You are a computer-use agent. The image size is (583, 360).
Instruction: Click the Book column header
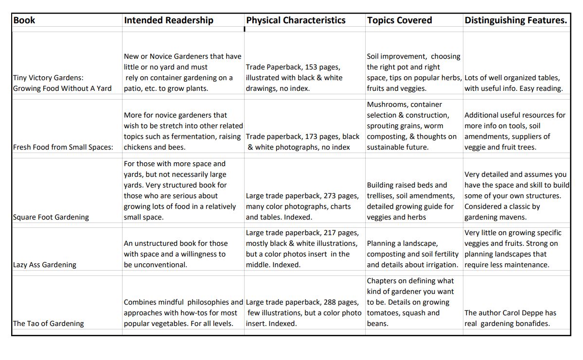(24, 20)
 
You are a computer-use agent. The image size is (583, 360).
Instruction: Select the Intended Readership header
(168, 20)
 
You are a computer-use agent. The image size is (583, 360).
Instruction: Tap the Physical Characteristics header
(296, 20)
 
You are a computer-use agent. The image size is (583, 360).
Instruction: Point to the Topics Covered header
(399, 20)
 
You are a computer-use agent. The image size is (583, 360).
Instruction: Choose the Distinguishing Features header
(515, 20)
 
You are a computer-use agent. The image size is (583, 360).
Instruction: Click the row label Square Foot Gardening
(51, 217)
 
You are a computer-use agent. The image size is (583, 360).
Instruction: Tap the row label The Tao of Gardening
(48, 324)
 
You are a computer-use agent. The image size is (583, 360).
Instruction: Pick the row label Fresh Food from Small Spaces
(63, 147)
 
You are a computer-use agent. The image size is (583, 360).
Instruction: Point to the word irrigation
(440, 265)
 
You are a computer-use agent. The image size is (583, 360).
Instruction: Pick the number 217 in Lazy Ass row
(330, 233)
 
